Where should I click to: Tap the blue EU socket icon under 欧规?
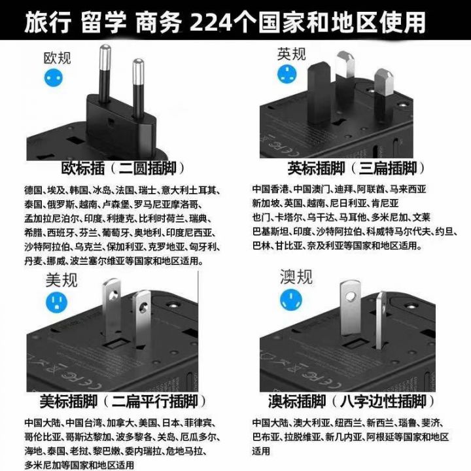click(x=54, y=78)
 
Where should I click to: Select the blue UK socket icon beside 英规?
click(x=287, y=74)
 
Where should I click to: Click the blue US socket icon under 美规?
click(x=56, y=302)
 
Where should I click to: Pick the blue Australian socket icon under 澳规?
click(x=290, y=300)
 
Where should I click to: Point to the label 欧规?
click(x=58, y=58)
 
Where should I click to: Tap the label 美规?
click(x=61, y=280)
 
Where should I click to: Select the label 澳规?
click(x=296, y=276)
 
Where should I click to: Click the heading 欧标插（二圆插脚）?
click(x=123, y=168)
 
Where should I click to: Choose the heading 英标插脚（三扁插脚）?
click(x=357, y=168)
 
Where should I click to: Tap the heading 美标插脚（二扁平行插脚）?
click(x=123, y=401)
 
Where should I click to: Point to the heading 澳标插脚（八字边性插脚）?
click(x=351, y=401)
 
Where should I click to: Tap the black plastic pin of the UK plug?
click(x=319, y=92)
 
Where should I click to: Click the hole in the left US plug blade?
click(x=113, y=296)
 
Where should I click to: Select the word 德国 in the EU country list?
click(x=33, y=190)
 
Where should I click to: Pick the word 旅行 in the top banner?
click(x=48, y=22)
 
